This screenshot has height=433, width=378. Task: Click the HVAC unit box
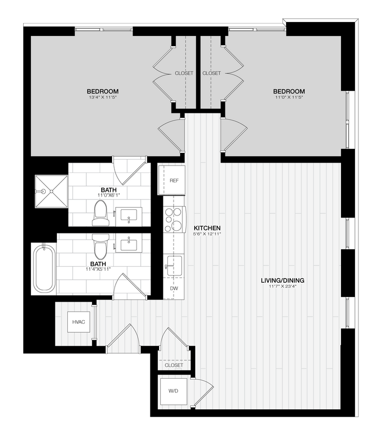coord(79,322)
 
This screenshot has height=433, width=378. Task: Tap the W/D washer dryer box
coord(174,391)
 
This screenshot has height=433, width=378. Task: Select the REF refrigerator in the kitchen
coord(174,181)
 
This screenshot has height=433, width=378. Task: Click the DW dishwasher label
coord(174,289)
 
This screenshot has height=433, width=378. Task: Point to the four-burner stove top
coord(174,219)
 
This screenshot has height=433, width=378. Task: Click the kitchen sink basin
coord(174,265)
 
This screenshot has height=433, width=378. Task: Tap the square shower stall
coord(51,191)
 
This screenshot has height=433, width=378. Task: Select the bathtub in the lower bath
coord(44,268)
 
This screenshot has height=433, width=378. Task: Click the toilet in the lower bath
coord(101,246)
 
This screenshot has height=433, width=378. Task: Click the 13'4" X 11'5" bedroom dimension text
coord(103,97)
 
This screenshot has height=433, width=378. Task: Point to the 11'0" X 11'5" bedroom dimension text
coord(289,97)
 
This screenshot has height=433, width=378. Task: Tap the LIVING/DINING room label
coord(282,280)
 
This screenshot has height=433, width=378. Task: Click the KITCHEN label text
coord(207,228)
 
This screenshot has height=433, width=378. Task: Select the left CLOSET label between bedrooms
coord(184,73)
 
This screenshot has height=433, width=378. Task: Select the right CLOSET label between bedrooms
coord(212,73)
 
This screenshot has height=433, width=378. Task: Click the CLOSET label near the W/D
coord(174,365)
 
